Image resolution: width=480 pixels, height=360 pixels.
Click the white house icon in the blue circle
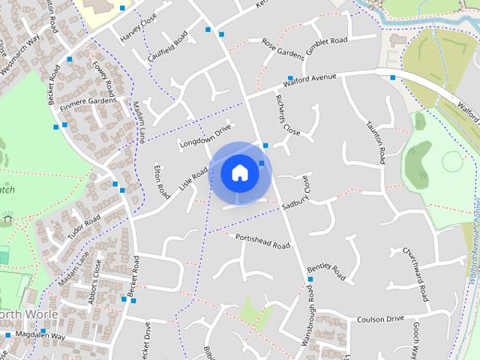[240, 172]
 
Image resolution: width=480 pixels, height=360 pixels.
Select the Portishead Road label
[262, 241]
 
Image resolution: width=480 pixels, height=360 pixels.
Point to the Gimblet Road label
[327, 42]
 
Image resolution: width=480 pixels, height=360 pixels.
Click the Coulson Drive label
[380, 318]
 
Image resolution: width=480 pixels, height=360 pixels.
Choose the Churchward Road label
[415, 274]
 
